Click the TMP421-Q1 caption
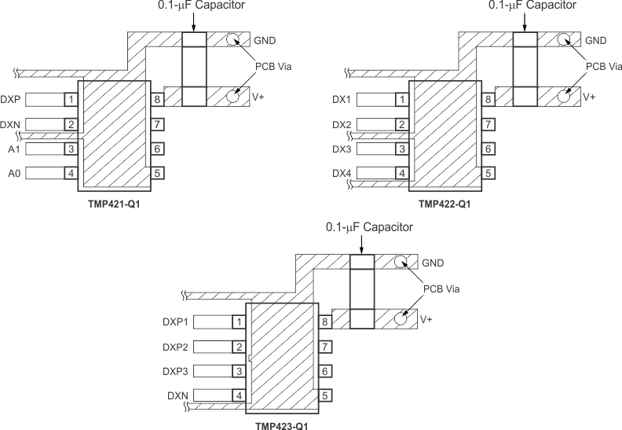pos(114,203)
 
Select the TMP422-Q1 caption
pos(445,203)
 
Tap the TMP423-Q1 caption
pos(281,425)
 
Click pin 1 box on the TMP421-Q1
pos(71,100)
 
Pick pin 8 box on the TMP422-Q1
pos(488,100)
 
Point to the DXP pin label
pos(11,100)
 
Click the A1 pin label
pos(13,149)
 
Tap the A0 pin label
pos(13,173)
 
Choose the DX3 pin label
pos(342,149)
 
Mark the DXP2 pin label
pos(175,347)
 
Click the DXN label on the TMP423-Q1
pos(177,395)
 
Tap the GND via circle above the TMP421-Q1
pos(233,40)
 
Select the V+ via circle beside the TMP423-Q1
pos(401,318)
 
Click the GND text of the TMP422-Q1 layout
pos(596,40)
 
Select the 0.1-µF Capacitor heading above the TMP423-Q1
pos(369,227)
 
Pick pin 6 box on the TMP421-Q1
pos(157,149)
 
